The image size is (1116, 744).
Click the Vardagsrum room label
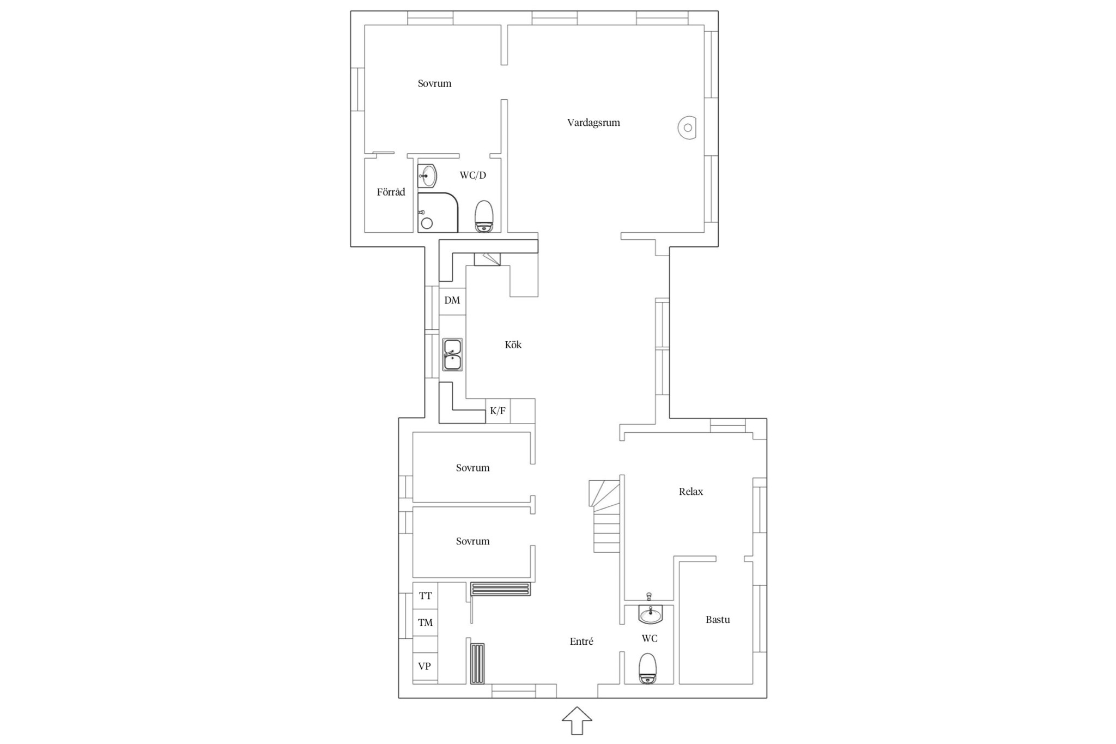click(593, 123)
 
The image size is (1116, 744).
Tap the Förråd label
click(391, 192)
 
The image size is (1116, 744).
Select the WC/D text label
click(472, 175)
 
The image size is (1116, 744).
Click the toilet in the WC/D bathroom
click(484, 216)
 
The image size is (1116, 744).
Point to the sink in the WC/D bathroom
click(427, 176)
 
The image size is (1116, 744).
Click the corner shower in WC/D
click(438, 213)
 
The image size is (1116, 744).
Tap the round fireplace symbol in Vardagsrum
click(687, 128)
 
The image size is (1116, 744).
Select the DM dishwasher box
click(452, 301)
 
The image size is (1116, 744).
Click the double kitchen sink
click(452, 355)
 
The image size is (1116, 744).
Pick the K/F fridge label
click(498, 411)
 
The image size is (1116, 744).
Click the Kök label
click(513, 344)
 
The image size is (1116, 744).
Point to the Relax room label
click(690, 492)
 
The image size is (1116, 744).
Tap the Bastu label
click(718, 620)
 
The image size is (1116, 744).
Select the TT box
click(425, 596)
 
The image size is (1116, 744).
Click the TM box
click(425, 622)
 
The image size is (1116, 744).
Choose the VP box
click(425, 666)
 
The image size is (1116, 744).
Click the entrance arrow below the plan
click(577, 721)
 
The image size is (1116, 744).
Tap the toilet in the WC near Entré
click(648, 668)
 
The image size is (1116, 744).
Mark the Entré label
click(581, 642)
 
